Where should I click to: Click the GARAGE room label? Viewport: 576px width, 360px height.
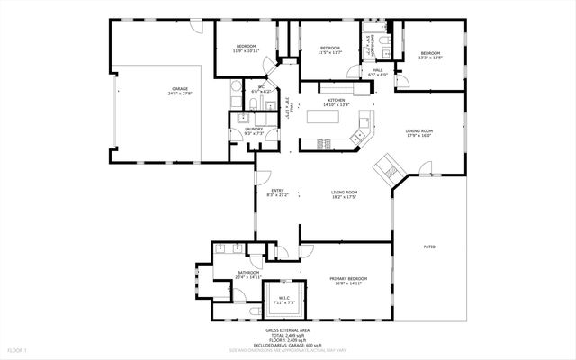pos(181,90)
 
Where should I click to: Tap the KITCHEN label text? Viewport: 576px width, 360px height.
pos(337,101)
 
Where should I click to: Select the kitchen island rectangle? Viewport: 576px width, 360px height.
pos(321,115)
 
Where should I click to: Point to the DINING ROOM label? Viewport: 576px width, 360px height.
pos(419,132)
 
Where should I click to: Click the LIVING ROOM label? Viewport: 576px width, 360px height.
pos(345,193)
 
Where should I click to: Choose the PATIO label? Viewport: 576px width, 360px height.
pos(430,246)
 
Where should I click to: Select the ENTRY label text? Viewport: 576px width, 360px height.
pos(278,191)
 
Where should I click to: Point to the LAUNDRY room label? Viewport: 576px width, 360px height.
pos(253,130)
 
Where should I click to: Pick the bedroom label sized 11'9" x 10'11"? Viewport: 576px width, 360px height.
pos(246,48)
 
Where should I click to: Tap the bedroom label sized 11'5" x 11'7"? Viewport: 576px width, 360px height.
pos(330,49)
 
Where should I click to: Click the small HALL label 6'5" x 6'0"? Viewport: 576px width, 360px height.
pos(378,71)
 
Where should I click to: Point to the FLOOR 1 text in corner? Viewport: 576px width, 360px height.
pos(18,349)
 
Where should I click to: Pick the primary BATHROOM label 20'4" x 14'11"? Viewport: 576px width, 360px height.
pos(248,274)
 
